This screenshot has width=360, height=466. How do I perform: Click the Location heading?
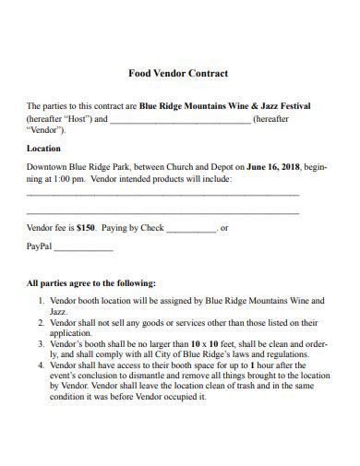click(44, 148)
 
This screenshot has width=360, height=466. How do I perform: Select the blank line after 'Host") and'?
click(180, 121)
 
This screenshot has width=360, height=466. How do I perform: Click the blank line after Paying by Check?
click(192, 229)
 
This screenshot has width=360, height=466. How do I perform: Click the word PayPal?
click(40, 248)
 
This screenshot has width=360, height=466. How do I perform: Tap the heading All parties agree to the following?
click(91, 283)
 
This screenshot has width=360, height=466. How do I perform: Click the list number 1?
click(41, 301)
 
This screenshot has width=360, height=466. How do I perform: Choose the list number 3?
click(41, 343)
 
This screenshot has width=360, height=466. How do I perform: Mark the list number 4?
click(41, 364)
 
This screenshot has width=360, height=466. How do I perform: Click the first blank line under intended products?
click(162, 195)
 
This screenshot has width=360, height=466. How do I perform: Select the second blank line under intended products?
click(162, 212)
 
